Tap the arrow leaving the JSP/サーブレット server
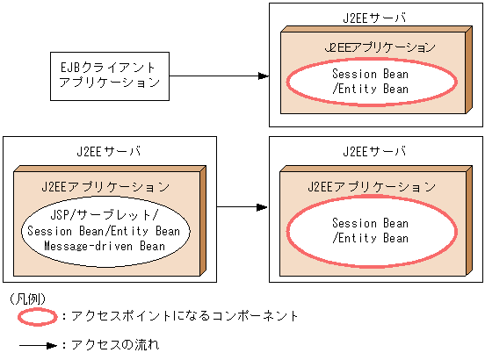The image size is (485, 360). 242,207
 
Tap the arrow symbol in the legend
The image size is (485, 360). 35,345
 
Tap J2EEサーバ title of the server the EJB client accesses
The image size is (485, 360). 372,18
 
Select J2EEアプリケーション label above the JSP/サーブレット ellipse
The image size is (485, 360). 105,187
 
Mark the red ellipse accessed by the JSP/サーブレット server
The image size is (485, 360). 372,230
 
